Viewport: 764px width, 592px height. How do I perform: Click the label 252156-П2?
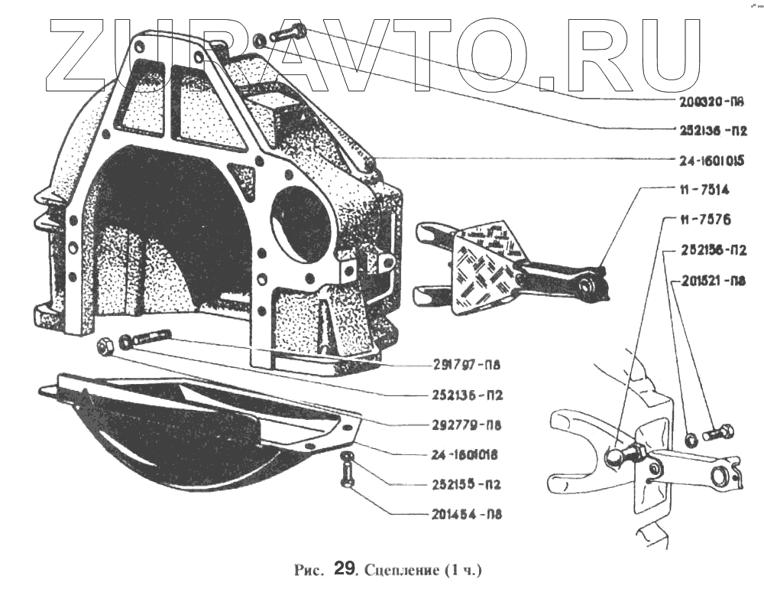[709, 250]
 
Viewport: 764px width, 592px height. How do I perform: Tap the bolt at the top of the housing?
[286, 34]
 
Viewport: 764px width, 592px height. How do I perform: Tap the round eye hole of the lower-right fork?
[719, 477]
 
